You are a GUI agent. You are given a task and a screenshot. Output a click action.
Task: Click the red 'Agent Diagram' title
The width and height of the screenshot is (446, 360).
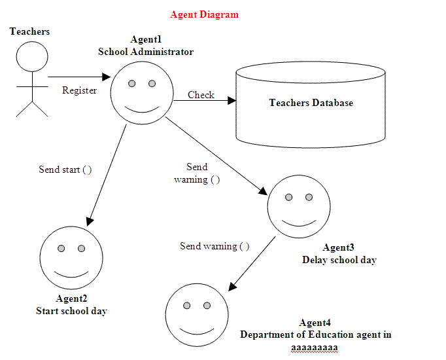204,14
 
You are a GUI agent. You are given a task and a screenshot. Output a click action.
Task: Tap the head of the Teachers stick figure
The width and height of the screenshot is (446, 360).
32,56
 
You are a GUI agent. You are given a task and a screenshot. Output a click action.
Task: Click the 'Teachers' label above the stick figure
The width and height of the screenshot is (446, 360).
29,31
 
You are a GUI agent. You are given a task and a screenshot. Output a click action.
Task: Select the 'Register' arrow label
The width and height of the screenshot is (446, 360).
79,90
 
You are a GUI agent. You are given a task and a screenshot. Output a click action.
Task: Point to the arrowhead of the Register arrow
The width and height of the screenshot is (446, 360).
107,77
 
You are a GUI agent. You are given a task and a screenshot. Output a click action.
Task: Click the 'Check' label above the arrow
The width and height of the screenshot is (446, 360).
201,95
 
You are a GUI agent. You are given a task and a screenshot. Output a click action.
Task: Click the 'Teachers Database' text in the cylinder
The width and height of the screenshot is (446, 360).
311,103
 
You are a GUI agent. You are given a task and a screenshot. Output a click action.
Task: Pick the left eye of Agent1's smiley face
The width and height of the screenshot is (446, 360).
131,83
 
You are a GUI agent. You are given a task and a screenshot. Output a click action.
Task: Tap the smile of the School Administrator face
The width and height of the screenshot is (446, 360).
142,109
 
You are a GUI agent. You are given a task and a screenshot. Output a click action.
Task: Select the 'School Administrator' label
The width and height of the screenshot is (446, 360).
146,52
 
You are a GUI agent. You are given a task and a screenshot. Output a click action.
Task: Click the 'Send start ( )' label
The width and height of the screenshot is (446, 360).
65,170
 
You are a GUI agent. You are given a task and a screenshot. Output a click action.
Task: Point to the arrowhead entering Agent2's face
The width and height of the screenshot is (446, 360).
90,221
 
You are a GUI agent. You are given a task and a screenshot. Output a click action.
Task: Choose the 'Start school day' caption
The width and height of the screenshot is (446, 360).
71,311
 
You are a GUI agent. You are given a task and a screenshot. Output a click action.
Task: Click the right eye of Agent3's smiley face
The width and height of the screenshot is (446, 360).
309,197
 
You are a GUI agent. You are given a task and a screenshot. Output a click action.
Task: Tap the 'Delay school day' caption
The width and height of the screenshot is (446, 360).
339,260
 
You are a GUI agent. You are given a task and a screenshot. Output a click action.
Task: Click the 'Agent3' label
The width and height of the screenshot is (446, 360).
338,247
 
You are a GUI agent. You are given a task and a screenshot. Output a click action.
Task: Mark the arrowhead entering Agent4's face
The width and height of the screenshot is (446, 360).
232,287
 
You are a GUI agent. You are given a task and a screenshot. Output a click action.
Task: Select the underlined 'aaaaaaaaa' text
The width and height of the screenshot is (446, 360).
315,348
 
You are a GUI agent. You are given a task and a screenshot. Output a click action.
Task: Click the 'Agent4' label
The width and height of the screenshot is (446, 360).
315,323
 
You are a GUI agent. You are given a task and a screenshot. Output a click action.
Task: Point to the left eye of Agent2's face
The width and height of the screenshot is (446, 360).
61,249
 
